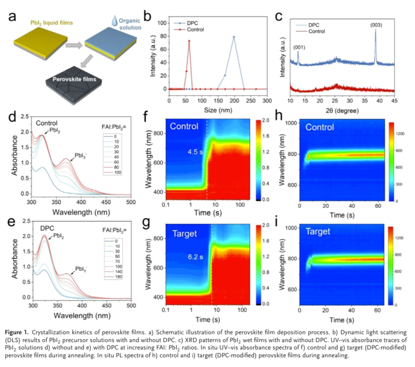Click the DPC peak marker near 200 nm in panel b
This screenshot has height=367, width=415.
(x=233, y=37)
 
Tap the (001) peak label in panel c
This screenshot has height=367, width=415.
(x=299, y=48)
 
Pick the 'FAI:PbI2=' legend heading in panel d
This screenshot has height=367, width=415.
(x=116, y=126)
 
